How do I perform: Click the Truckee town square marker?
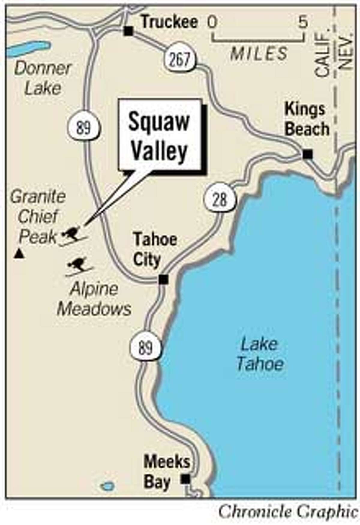click(x=129, y=31)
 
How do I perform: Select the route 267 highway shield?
click(x=180, y=60)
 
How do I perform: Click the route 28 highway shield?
click(x=220, y=199)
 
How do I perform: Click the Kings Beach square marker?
click(x=307, y=154)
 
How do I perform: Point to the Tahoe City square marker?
click(x=163, y=279)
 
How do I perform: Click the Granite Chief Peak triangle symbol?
click(x=19, y=254)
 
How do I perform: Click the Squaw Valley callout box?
click(x=159, y=135)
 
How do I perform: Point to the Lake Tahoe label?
click(x=260, y=355)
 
